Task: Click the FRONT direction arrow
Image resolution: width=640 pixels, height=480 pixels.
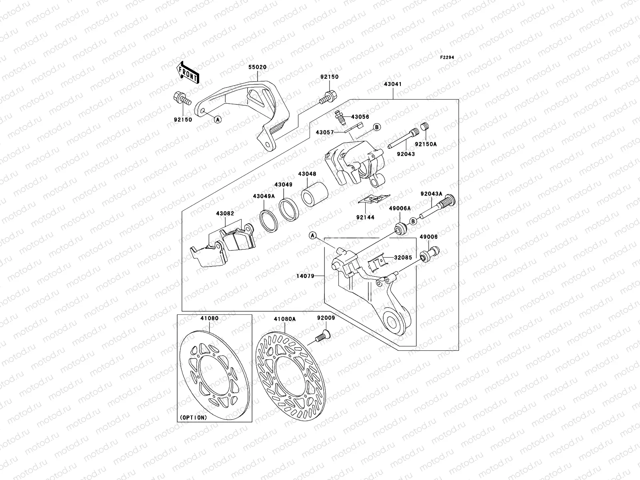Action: (x=188, y=72)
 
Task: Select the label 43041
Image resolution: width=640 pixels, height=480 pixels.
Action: (x=392, y=84)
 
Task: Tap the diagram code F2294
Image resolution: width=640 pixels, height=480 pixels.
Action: (x=448, y=58)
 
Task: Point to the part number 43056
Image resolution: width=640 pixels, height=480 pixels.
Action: (x=360, y=117)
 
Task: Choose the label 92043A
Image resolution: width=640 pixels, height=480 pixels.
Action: (x=431, y=194)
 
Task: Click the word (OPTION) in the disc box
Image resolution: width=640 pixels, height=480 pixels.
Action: (x=194, y=417)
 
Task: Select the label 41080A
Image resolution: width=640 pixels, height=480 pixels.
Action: (x=284, y=319)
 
